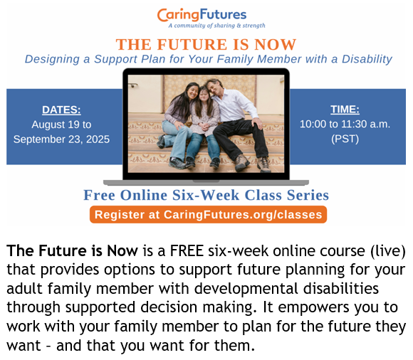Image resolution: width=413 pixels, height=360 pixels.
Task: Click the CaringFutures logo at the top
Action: coord(202,15)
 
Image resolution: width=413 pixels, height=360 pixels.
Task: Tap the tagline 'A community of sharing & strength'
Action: coord(216,26)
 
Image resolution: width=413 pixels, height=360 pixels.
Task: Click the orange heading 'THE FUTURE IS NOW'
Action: coord(206,44)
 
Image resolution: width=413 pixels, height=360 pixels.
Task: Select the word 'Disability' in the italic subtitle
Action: coord(367,60)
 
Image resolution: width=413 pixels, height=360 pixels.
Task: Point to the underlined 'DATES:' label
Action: coord(61,110)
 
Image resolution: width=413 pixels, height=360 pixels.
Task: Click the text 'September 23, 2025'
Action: coord(61,139)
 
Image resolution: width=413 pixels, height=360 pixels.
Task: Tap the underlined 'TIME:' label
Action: coord(345,110)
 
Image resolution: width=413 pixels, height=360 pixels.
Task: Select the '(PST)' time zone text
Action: coord(345,139)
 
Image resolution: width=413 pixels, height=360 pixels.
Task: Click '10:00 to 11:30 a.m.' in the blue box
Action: coord(345,124)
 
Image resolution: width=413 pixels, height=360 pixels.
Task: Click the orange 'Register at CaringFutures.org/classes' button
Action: coord(209,214)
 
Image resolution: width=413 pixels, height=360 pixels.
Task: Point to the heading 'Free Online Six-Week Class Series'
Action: coord(206,195)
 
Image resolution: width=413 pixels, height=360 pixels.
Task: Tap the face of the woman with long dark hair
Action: coord(193,92)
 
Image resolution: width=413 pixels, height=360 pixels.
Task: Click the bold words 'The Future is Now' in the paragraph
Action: coord(72,250)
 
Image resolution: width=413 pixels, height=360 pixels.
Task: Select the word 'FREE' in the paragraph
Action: coord(187,250)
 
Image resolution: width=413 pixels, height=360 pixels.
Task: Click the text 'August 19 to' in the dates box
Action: coord(61,125)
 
